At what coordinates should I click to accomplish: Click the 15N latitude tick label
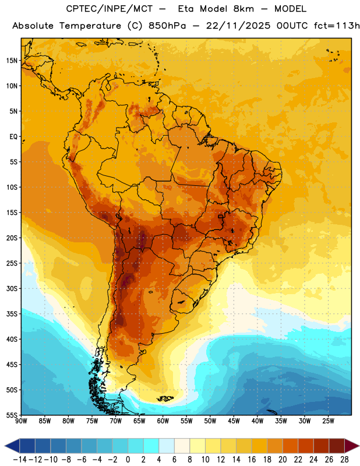12,61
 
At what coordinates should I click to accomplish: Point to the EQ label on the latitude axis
13,137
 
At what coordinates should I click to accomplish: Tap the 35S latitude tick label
12,314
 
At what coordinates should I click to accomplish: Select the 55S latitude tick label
12,415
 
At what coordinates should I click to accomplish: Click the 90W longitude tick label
21,421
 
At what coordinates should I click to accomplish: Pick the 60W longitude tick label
163,421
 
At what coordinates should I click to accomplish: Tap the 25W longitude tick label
328,421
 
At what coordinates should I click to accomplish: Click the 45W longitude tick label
234,421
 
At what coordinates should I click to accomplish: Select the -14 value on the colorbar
20,460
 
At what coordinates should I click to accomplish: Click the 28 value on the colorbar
344,460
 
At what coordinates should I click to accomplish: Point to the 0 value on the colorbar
128,460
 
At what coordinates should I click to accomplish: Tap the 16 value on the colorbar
252,460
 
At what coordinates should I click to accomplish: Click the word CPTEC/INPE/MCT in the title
110,9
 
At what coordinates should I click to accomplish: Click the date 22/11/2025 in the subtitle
238,26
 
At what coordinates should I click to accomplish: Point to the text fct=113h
337,26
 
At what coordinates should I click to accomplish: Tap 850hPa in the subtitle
167,26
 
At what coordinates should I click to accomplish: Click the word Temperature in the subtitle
90,26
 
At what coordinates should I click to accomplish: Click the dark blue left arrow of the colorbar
12,446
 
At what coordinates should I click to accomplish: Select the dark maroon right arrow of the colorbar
352,446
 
